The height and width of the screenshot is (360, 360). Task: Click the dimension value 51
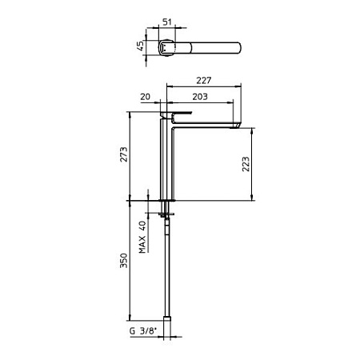click(x=167, y=22)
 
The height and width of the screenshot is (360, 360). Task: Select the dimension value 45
click(x=141, y=46)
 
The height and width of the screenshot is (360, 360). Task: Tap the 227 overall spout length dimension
click(x=204, y=80)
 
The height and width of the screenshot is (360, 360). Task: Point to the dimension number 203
click(x=200, y=97)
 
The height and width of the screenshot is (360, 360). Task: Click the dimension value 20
click(x=146, y=97)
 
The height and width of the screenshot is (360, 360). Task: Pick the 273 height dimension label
click(x=124, y=154)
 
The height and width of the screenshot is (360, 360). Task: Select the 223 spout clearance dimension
click(x=246, y=164)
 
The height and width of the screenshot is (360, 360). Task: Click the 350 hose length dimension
click(x=124, y=261)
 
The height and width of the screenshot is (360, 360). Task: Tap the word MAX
click(x=142, y=245)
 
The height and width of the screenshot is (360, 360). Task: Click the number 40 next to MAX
click(x=142, y=226)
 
